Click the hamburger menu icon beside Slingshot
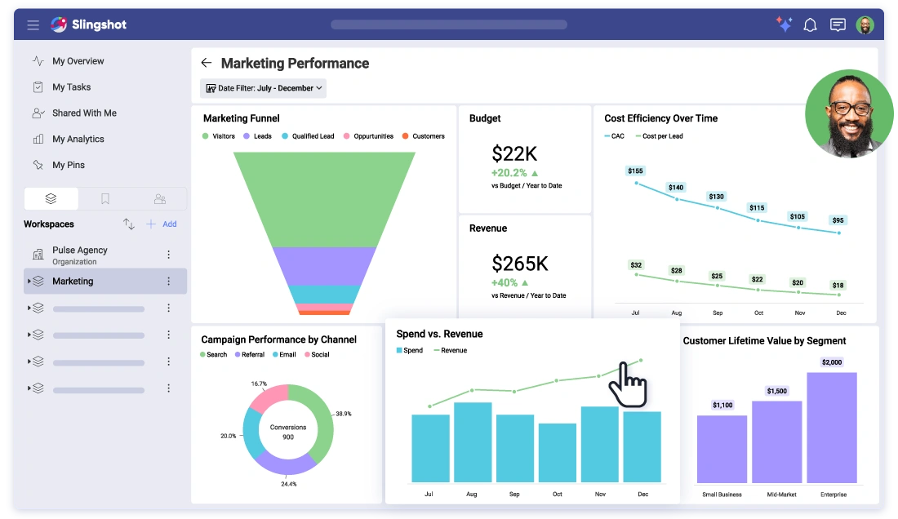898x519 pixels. pos(33,25)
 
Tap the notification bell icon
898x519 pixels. pos(810,25)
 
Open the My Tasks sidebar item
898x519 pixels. pos(71,87)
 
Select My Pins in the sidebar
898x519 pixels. pos(68,165)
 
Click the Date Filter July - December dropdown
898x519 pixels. pos(263,88)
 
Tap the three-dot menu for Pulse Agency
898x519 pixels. pos(169,255)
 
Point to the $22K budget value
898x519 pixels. pos(514,153)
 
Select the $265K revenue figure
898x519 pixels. pos(520,263)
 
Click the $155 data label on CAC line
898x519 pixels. pos(635,171)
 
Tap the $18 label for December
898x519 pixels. pos(838,286)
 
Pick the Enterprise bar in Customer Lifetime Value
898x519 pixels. pos(832,428)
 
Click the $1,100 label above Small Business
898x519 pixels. pos(722,405)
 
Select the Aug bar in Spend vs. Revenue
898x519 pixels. pos(472,441)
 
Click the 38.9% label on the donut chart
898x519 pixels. pos(344,414)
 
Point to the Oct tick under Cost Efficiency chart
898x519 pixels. pos(758,313)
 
